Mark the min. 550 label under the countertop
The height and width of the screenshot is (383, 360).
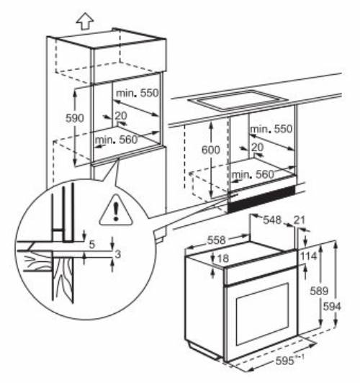click(x=273, y=129)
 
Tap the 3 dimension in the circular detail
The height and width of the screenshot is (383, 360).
click(x=117, y=254)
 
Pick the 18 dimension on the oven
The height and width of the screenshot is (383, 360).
click(x=223, y=258)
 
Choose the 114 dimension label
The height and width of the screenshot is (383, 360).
click(x=309, y=256)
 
